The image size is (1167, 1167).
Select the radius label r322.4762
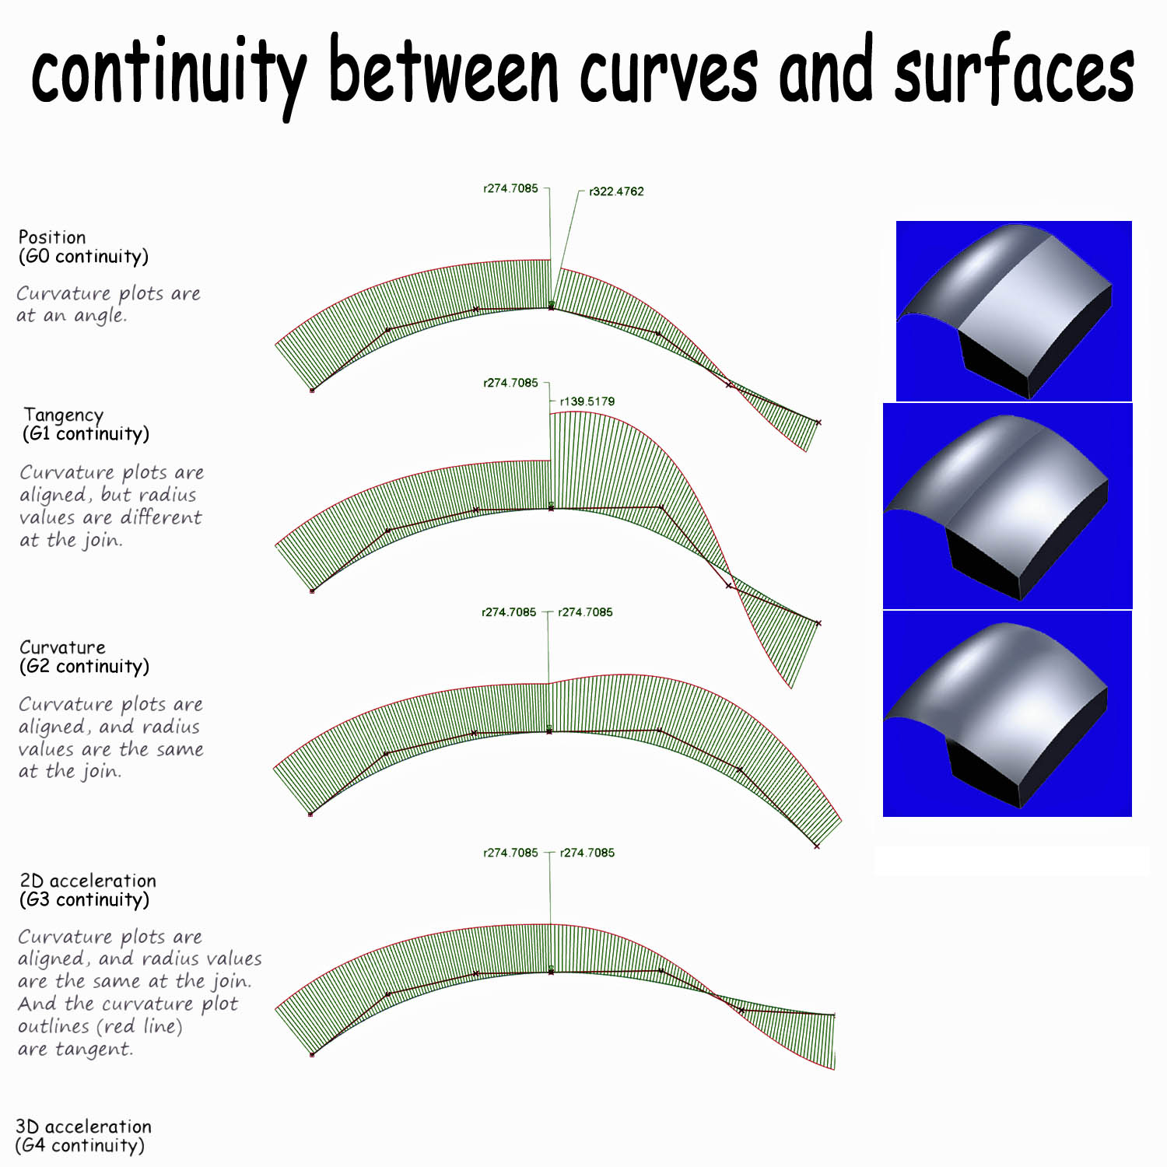click(616, 191)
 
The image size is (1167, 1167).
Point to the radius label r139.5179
click(587, 401)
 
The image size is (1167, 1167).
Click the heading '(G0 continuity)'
click(83, 257)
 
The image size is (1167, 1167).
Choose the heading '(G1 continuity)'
click(86, 434)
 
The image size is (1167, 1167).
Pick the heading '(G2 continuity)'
click(84, 667)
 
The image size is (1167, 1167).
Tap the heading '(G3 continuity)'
click(84, 900)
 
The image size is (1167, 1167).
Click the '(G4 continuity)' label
click(80, 1146)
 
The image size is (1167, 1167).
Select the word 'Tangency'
click(63, 415)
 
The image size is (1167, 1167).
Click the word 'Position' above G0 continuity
click(52, 237)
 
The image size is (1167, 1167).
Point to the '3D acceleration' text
click(83, 1127)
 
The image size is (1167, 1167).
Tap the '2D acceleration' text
click(88, 881)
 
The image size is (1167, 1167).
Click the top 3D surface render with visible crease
click(1014, 311)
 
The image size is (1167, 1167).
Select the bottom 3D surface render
click(1008, 714)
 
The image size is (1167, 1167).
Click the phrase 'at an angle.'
click(72, 316)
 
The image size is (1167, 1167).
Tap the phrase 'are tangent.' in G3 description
click(75, 1050)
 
